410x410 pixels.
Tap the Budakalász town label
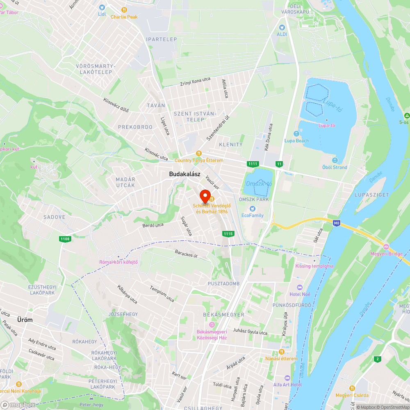point(184,174)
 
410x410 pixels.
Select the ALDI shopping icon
point(282,27)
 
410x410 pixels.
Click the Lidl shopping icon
point(102,7)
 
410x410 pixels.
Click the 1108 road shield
point(64,239)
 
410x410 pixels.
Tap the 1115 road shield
point(228,234)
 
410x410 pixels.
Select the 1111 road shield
point(253,164)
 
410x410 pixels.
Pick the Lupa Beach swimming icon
point(296,134)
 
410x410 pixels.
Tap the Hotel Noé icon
point(300,287)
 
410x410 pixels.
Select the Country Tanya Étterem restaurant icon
point(199,153)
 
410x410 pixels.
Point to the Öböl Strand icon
point(335,160)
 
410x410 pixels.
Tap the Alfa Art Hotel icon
point(287,378)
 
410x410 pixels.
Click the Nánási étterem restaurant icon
point(281,352)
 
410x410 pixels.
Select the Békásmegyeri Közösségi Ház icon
point(212,325)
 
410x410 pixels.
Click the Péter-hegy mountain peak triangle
point(91,398)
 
